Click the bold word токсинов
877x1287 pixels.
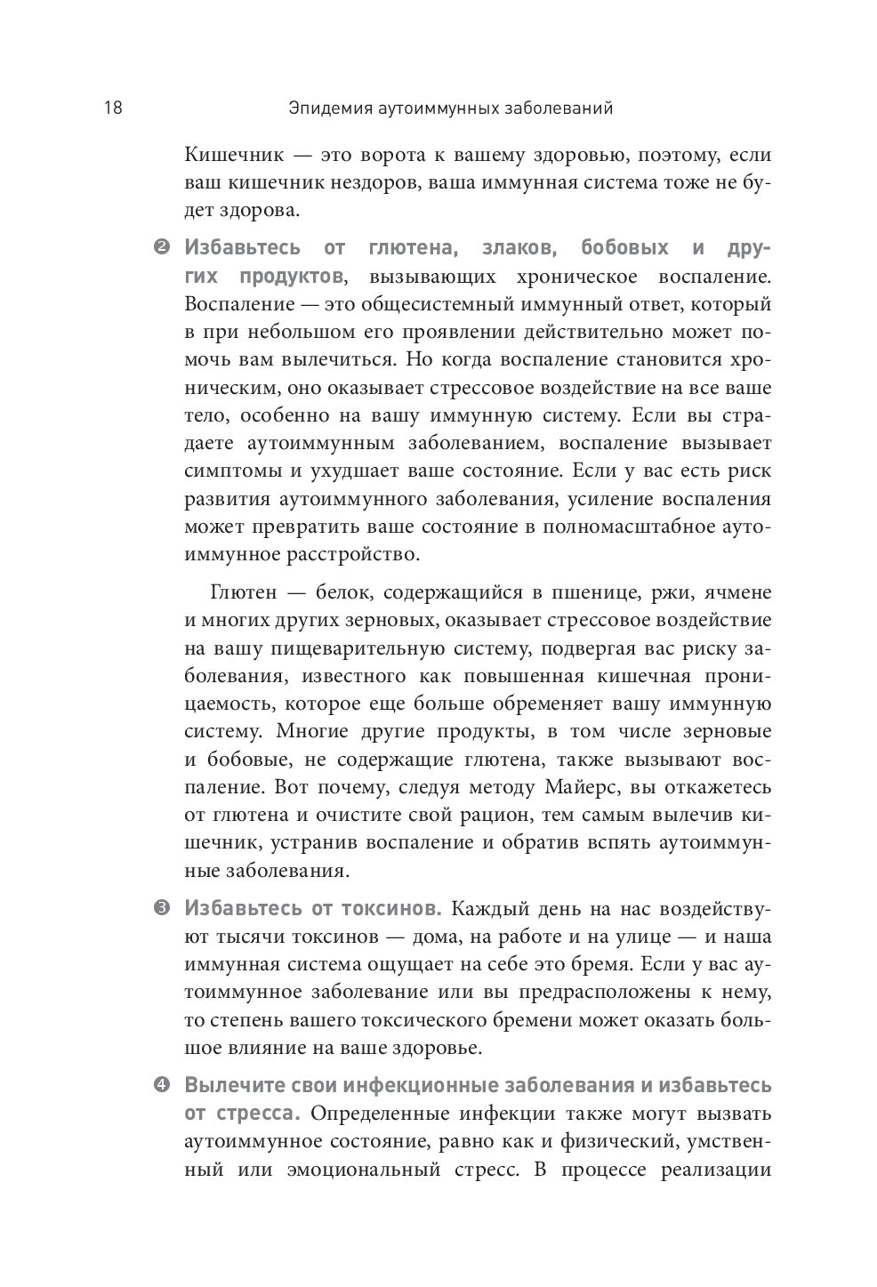tap(392, 909)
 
